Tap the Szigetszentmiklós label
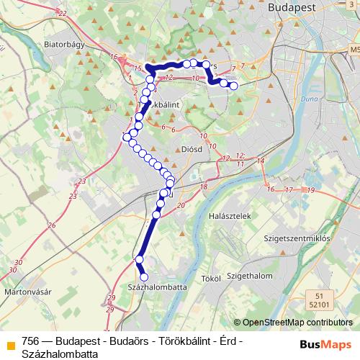[x=296, y=238]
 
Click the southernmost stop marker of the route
[x=143, y=276]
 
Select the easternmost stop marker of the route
[x=233, y=86]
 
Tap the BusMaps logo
[x=325, y=344]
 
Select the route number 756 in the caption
[x=30, y=341]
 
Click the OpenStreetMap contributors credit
[x=296, y=323]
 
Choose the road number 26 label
[x=52, y=225]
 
